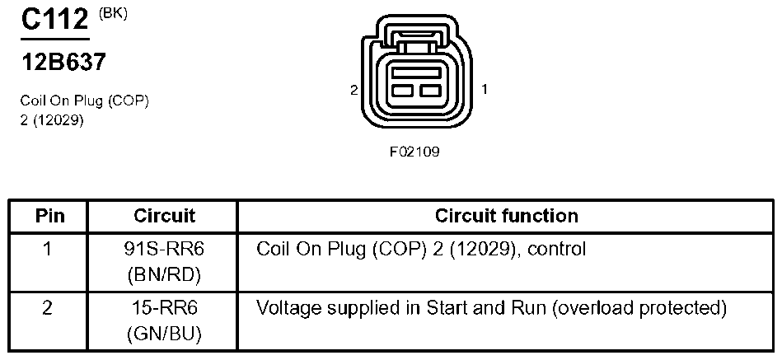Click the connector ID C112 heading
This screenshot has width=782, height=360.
coord(54,21)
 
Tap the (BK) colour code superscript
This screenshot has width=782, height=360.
coord(113,13)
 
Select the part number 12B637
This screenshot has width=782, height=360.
coord(63,62)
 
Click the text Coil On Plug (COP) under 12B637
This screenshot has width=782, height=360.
coord(84,101)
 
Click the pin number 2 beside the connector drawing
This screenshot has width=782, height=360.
coord(354,90)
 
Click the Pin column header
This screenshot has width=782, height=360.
coord(49,217)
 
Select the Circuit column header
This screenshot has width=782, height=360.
coord(164,217)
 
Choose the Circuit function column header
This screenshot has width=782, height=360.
coord(506,217)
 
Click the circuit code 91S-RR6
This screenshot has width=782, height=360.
coord(164,248)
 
